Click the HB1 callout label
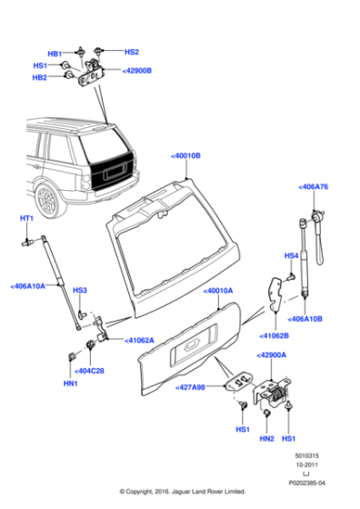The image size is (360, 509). [x=55, y=54]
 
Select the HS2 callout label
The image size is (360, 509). [x=131, y=52]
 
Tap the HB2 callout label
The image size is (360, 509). [x=40, y=78]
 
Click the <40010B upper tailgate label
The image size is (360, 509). [x=185, y=156]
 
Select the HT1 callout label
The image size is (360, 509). [x=26, y=219]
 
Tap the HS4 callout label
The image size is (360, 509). [x=291, y=255]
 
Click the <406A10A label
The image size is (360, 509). [x=28, y=286]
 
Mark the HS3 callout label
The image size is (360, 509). [x=79, y=290]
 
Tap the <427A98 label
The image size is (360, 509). [x=191, y=386]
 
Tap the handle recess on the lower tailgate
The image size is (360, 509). [x=193, y=344]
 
